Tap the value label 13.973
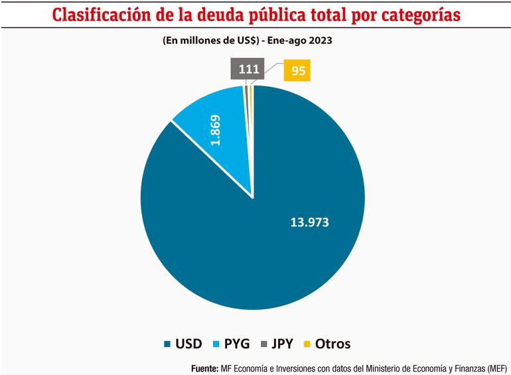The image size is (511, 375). click(x=310, y=222)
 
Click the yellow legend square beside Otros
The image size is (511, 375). click(x=306, y=344)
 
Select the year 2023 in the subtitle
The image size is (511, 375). click(x=320, y=40)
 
